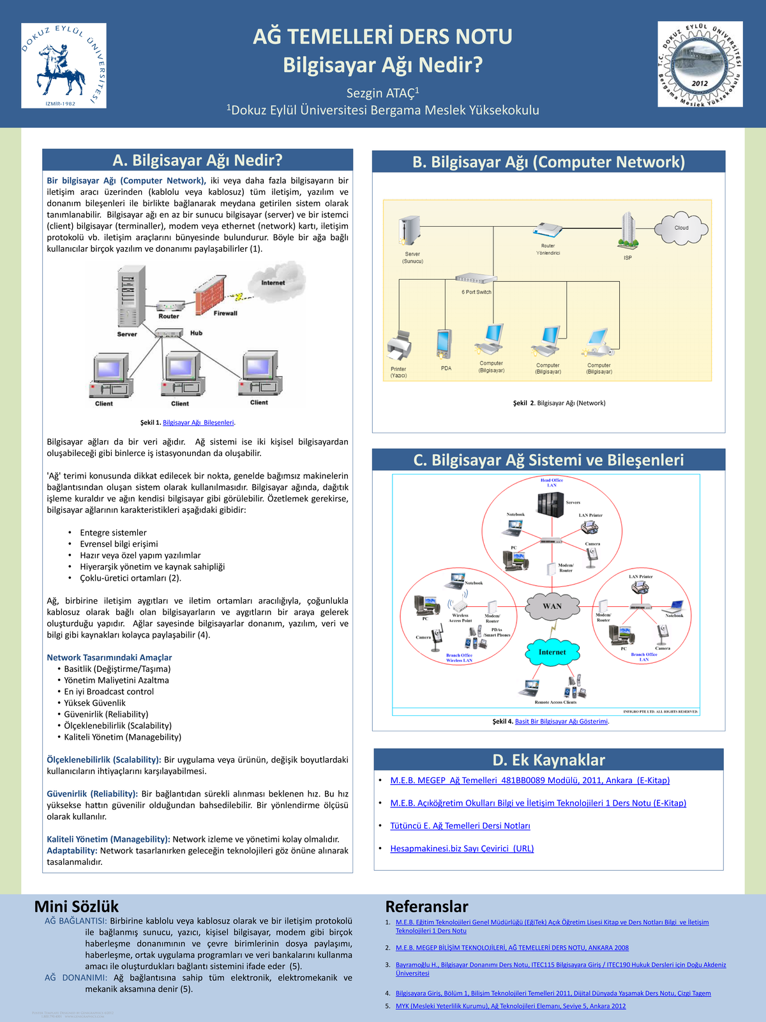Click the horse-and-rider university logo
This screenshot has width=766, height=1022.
click(x=63, y=65)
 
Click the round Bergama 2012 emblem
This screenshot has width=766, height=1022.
click(x=700, y=64)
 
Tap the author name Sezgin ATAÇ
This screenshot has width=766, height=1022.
click(x=382, y=93)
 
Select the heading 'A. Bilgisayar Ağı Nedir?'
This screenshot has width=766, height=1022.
click(x=197, y=160)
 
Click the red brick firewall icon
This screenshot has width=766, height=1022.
click(x=209, y=294)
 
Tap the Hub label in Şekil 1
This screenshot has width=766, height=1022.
click(x=196, y=333)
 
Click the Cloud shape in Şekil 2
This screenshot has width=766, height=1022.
click(x=682, y=227)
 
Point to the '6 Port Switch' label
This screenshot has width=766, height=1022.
click(x=476, y=292)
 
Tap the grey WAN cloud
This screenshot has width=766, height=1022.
click(x=552, y=606)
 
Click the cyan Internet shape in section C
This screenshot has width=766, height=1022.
click(x=552, y=652)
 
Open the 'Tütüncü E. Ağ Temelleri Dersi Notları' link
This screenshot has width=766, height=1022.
click(x=460, y=826)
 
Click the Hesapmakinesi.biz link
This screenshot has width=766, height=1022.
click(x=462, y=848)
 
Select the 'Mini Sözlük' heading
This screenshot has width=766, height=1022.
click(x=77, y=906)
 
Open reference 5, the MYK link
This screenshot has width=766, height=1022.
click(x=511, y=1006)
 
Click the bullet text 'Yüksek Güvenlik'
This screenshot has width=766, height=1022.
click(x=95, y=703)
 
